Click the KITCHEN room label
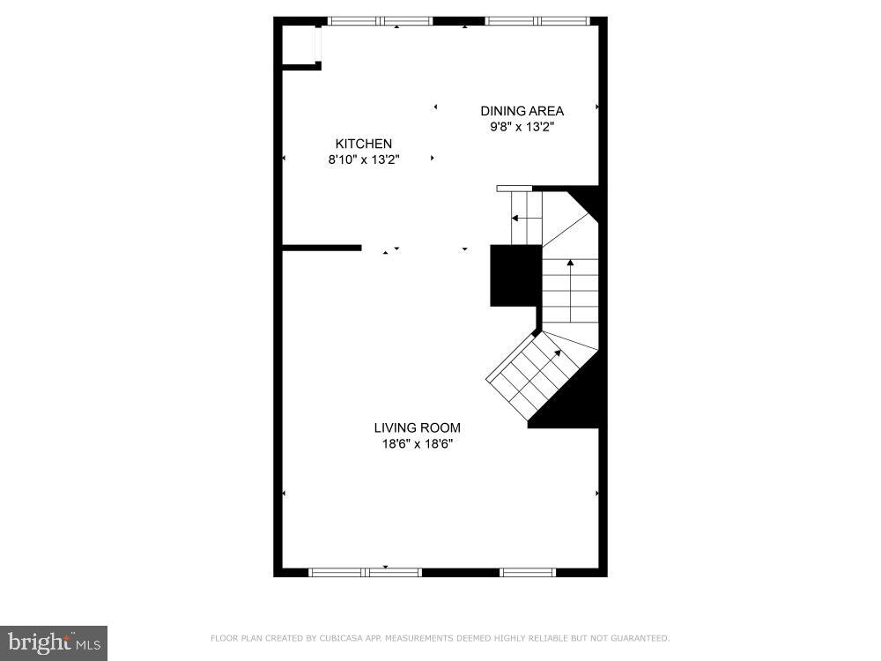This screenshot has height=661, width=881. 364,144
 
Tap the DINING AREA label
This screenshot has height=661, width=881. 522,111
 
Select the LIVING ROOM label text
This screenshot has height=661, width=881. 418,427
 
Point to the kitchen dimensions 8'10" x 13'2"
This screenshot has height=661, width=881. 364,160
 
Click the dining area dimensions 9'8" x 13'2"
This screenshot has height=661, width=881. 522,127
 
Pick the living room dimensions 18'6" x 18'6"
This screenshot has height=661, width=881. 418,444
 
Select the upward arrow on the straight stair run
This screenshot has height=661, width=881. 570,290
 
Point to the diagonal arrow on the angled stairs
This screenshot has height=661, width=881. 537,370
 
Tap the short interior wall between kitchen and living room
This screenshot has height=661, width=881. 322,248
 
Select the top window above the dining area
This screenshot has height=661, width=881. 537,21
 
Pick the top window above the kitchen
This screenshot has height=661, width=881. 381,21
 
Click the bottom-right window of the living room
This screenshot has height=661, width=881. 528,572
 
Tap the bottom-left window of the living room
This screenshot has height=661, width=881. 366,572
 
